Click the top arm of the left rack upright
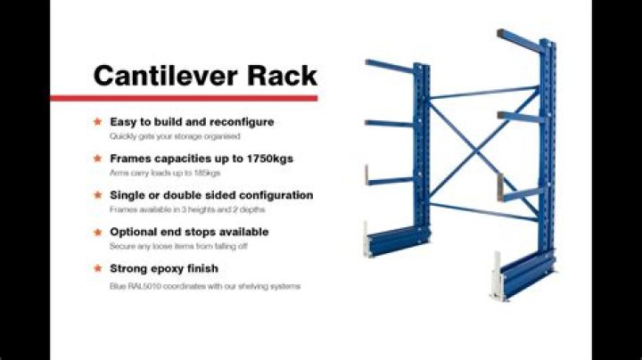pos(390,65)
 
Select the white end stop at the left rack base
pos(366,238)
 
